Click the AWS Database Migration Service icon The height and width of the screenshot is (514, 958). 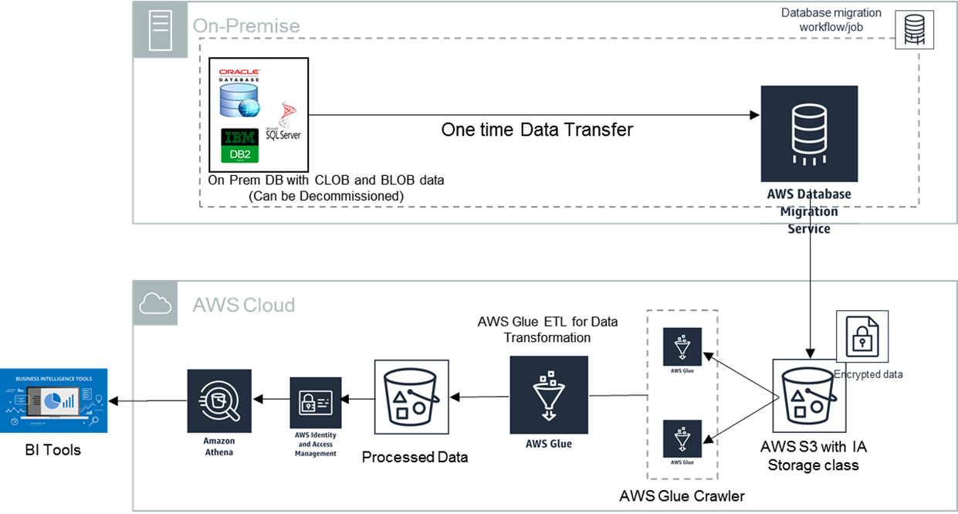(808, 133)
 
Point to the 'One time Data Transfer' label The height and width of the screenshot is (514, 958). (537, 130)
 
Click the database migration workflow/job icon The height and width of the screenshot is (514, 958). (914, 30)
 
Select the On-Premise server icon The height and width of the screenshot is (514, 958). (159, 29)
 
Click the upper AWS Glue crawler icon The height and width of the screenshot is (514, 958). (682, 347)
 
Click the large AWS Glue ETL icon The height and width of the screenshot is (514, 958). (548, 394)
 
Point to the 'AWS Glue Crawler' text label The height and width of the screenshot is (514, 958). (682, 495)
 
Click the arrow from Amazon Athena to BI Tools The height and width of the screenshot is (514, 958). (147, 401)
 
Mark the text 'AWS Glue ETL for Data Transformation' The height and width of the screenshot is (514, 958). (547, 330)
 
